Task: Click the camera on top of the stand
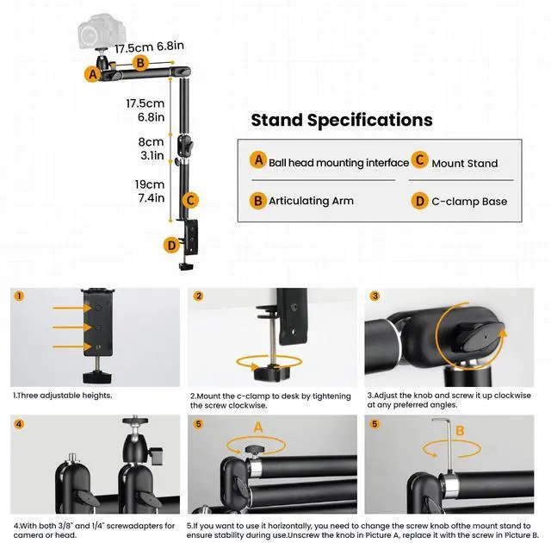(x=102, y=32)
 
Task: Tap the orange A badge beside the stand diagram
(x=93, y=74)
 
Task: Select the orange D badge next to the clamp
(x=171, y=245)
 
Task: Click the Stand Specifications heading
(x=342, y=120)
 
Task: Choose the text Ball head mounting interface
(x=338, y=163)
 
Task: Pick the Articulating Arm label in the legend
(x=311, y=201)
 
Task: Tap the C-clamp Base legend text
(x=469, y=202)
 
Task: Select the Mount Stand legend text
(x=465, y=163)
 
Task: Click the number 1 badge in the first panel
(x=19, y=296)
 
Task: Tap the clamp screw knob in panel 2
(x=268, y=374)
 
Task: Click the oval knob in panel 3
(x=480, y=336)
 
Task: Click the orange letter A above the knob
(x=258, y=428)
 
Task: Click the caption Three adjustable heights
(x=63, y=396)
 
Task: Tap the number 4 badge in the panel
(x=19, y=424)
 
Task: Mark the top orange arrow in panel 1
(x=72, y=308)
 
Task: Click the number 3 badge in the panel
(x=375, y=296)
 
